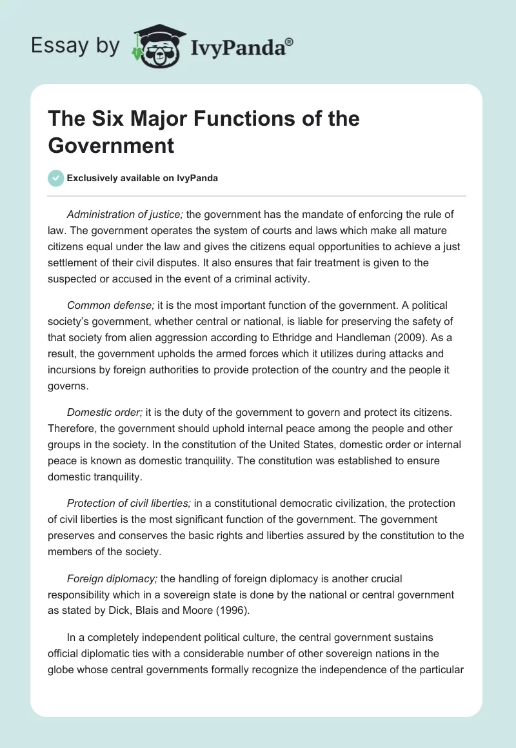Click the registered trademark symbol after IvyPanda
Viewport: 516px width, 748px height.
[289, 42]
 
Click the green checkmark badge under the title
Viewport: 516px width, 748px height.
[56, 178]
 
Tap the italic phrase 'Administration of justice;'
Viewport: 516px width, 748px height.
[126, 215]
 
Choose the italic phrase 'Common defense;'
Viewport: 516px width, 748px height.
[106, 305]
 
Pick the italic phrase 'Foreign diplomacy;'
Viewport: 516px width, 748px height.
[110, 579]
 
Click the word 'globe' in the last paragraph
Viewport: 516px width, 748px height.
[63, 669]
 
